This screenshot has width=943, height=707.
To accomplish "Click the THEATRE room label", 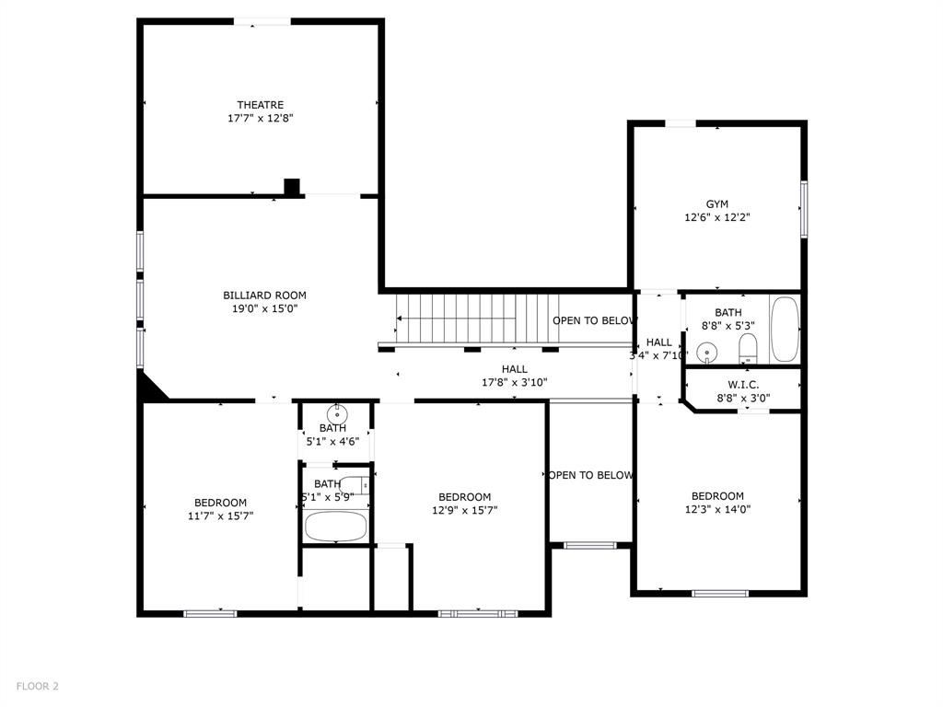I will coord(260,105).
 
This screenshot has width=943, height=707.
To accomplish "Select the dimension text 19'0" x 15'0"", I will coord(264,309).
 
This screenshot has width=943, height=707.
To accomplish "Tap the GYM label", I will coord(716,204).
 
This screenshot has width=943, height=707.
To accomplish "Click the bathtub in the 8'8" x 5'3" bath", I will coord(786,330).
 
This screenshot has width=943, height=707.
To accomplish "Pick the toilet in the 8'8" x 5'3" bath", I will coord(748,347).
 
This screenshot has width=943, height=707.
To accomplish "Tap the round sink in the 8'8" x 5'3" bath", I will coord(706,351).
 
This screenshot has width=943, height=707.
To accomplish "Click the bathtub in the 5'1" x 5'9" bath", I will coord(335,526).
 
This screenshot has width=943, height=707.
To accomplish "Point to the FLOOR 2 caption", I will coord(36,686).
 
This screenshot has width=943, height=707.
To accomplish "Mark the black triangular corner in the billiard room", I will coord(149,388).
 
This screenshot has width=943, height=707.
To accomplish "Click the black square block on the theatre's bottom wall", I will coord(292,187).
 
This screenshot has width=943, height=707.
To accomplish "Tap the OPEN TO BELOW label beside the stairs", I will coord(594,320).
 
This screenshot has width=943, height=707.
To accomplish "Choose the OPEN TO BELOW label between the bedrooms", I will coord(590,475).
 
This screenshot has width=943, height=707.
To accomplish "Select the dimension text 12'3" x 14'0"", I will coord(717,509).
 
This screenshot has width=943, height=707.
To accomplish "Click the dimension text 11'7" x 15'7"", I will coord(220,516).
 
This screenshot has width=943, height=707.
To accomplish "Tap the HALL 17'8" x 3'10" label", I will coord(514,375).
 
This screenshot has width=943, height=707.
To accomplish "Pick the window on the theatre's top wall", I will coord(262,21).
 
